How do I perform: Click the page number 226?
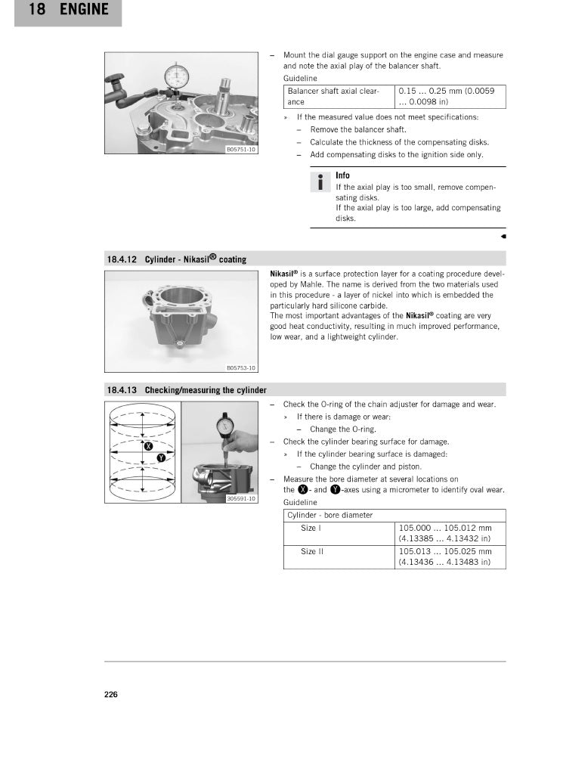pos(110,695)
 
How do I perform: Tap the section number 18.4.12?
pos(121,259)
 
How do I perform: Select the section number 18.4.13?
pos(121,390)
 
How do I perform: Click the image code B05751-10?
pos(242,149)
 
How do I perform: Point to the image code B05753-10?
pos(242,368)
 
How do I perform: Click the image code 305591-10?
pos(242,499)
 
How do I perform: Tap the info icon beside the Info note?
pos(320,182)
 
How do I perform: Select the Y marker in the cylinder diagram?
pos(160,459)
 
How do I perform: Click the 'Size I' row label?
pos(308,528)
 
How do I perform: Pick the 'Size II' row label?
pos(311,552)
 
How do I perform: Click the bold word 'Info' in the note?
pos(342,175)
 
